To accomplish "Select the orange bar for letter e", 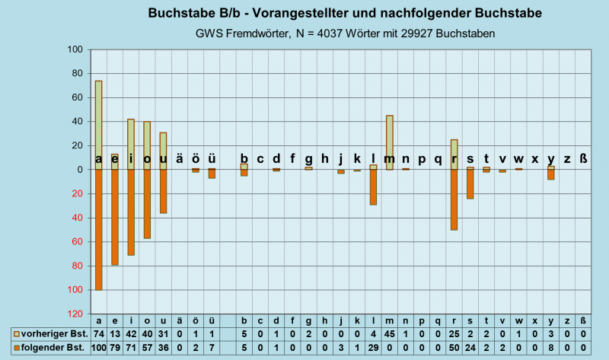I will coord(115,221).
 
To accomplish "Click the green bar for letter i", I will coord(131,141).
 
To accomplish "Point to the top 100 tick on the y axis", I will coord(75,49).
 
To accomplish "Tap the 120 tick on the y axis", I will coord(75,314).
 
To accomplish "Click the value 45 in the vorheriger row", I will coord(390,334).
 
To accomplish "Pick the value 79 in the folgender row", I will coord(115,348).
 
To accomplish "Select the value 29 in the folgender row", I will coord(374,348).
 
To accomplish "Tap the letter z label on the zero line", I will coord(567,159).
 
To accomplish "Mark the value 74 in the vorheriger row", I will coord(98,334).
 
